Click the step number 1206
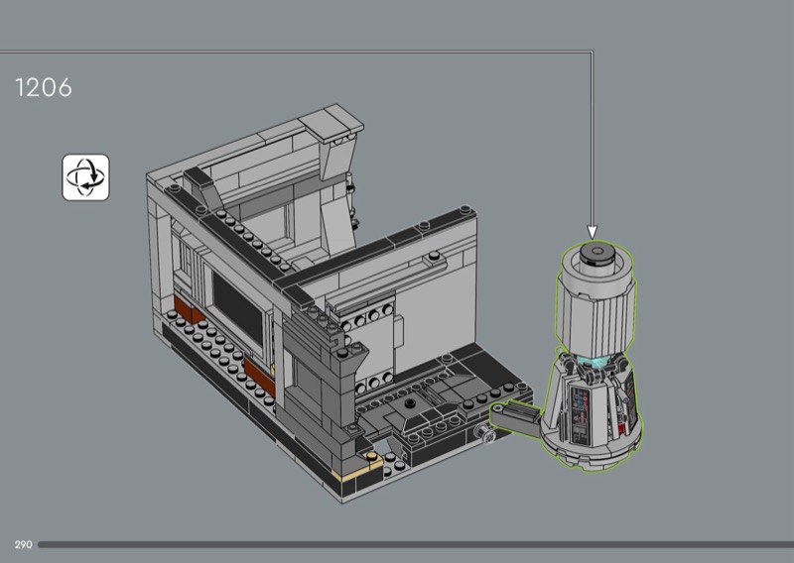tap(44, 87)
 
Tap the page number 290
tap(23, 545)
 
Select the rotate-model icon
tap(85, 177)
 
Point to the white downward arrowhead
tap(592, 232)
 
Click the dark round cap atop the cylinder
tap(597, 253)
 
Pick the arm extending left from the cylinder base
tap(514, 416)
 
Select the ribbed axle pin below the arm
tap(482, 433)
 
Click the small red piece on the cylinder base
tap(622, 430)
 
